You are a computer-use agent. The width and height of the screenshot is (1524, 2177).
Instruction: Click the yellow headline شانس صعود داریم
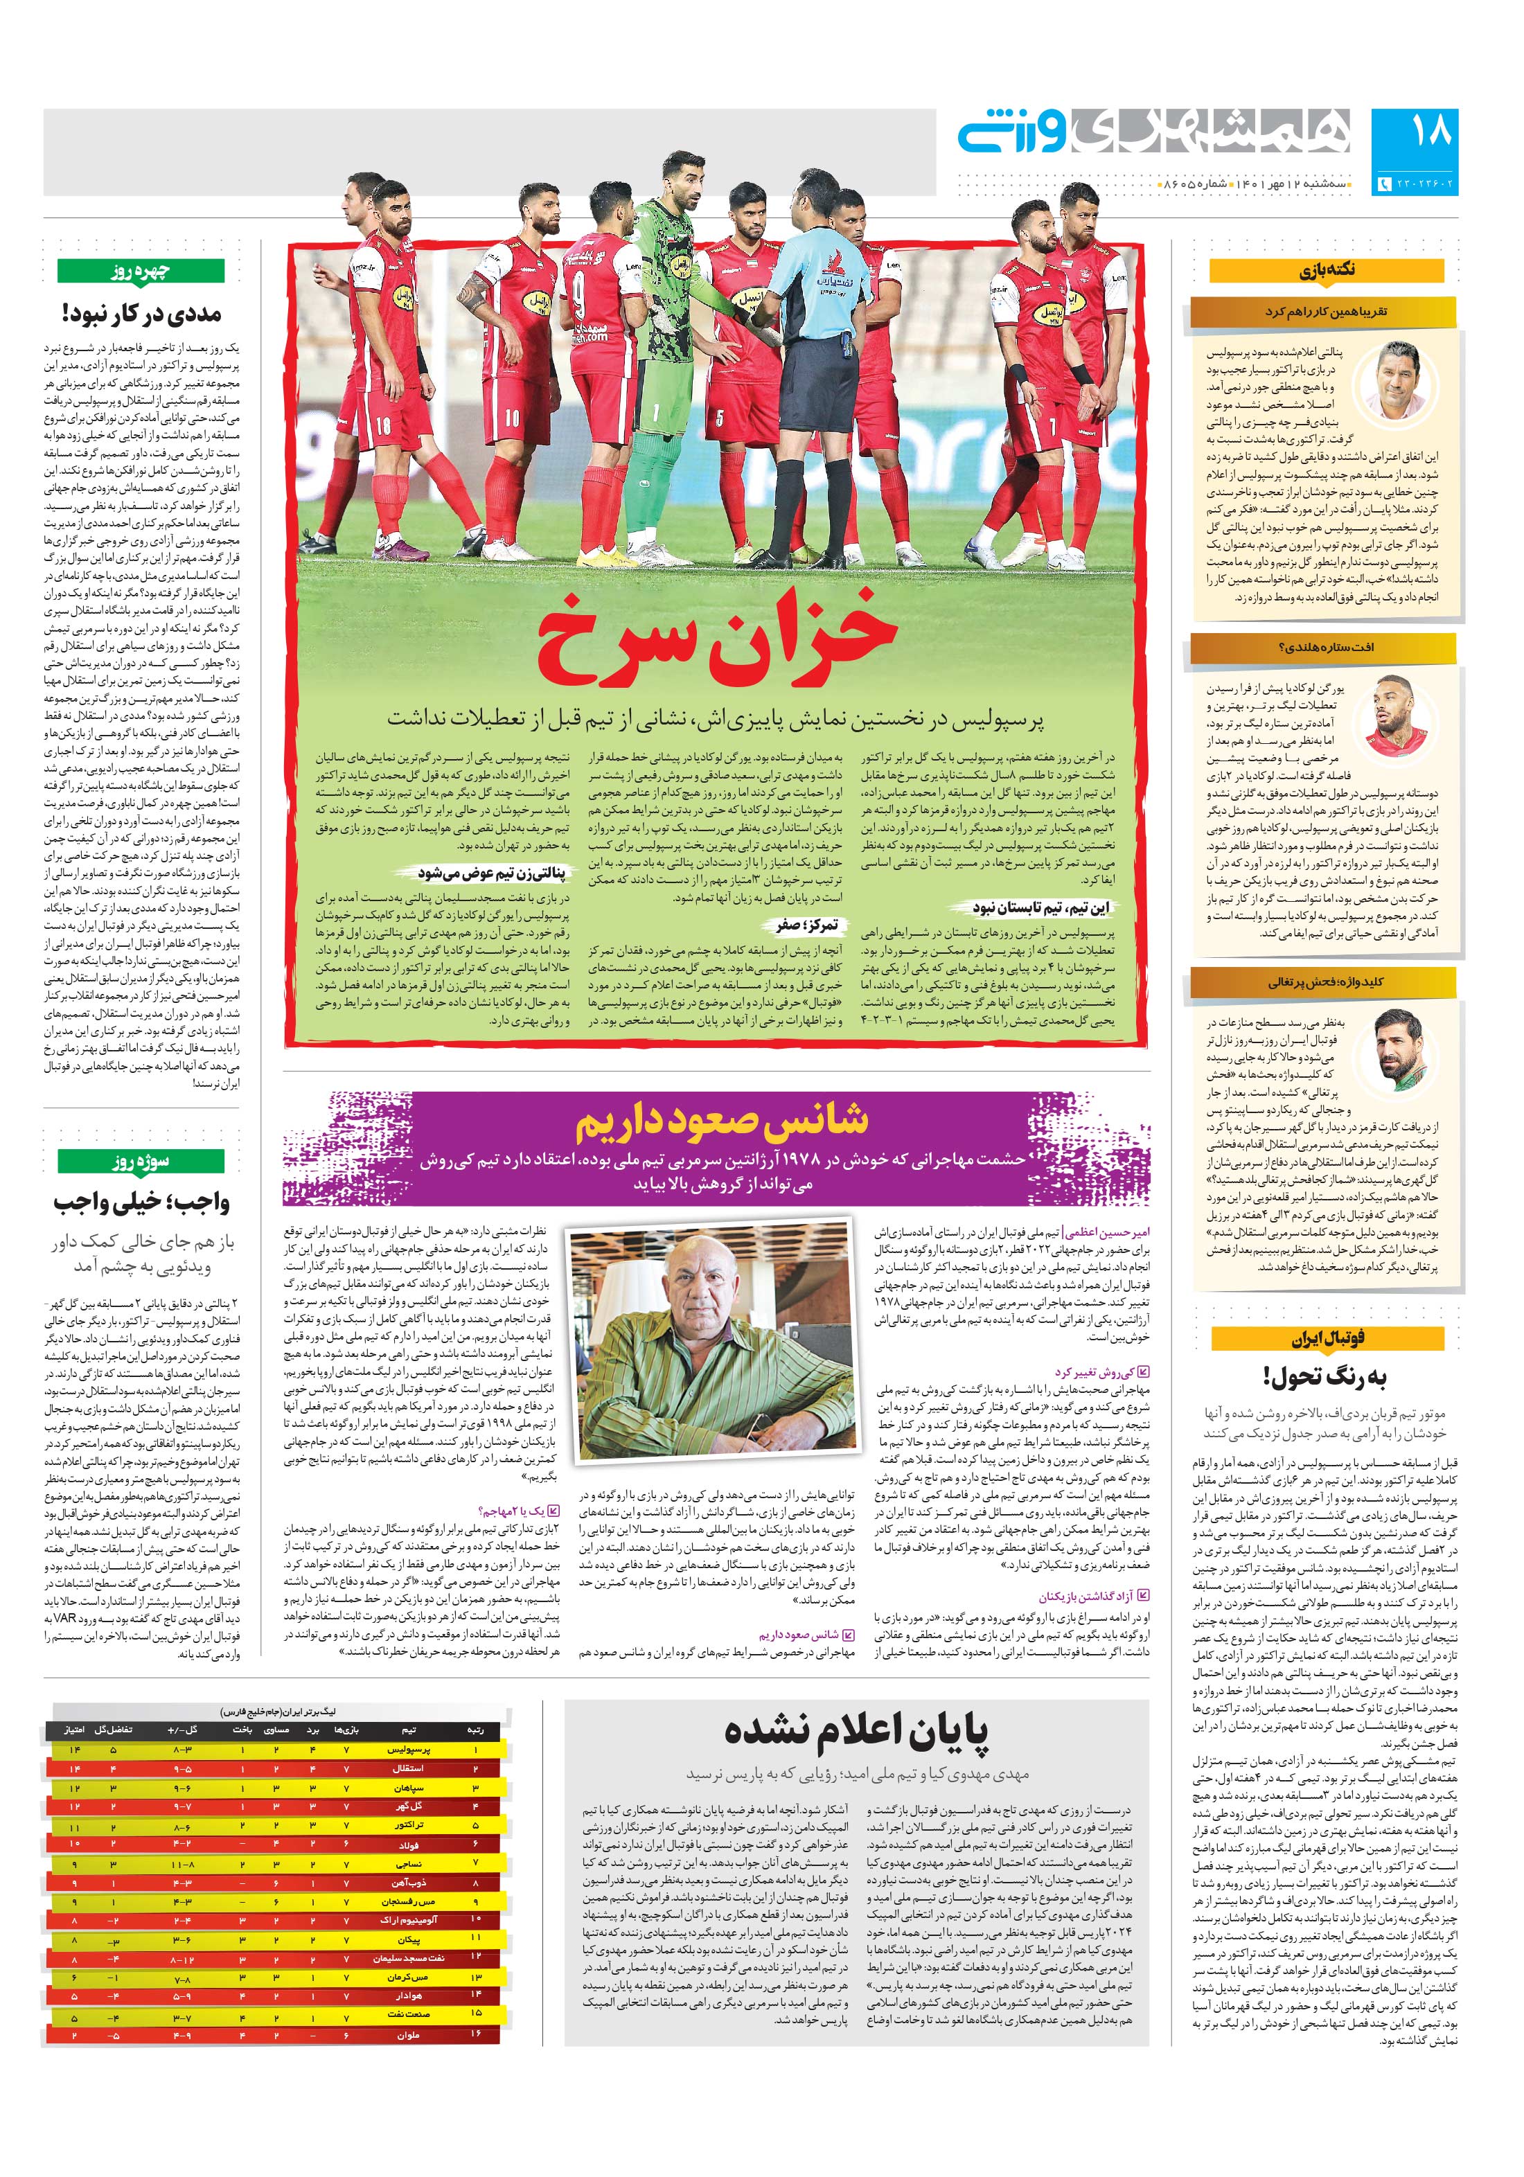tap(720, 1121)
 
